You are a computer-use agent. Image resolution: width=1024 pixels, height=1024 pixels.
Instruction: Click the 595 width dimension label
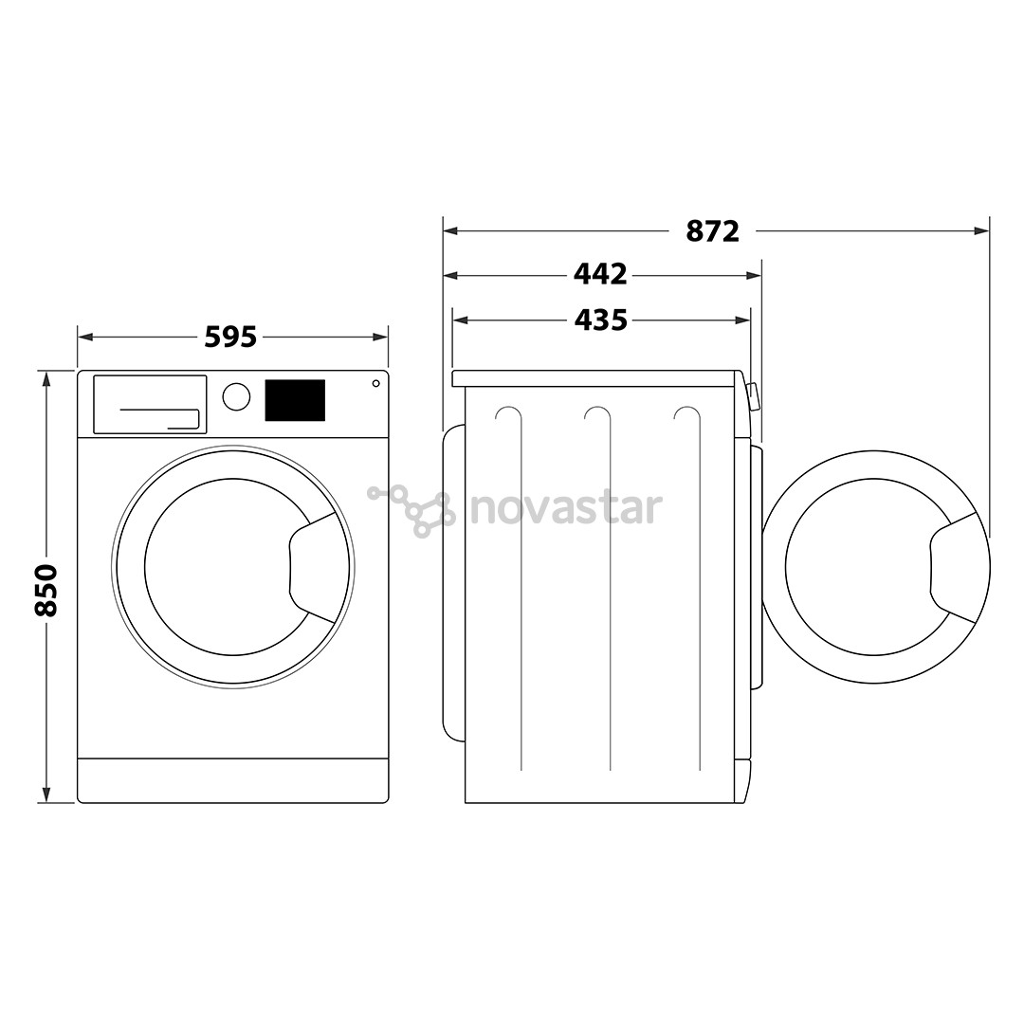coord(231,337)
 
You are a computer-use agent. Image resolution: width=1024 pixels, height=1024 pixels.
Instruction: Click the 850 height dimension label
coord(46,589)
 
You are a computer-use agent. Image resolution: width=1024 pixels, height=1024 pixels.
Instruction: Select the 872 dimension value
coord(712,230)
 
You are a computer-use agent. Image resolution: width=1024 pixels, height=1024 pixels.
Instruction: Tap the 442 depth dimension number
coord(600,275)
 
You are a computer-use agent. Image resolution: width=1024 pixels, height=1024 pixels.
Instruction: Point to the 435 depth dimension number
coord(600,320)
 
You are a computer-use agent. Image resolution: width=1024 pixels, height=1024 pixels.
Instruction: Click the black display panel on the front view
coord(294,400)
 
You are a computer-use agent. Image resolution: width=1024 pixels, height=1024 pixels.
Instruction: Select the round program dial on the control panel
coord(236,397)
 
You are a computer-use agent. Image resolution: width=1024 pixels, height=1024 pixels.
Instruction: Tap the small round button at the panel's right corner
coord(375,383)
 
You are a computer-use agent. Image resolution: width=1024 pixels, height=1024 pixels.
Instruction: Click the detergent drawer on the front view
coord(150,405)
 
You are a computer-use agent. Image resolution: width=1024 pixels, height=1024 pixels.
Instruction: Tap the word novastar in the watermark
coord(566,508)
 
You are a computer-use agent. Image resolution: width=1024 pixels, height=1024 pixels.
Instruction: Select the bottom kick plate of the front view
coord(232,780)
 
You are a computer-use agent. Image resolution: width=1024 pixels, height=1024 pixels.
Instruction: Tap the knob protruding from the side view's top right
coord(753,395)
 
